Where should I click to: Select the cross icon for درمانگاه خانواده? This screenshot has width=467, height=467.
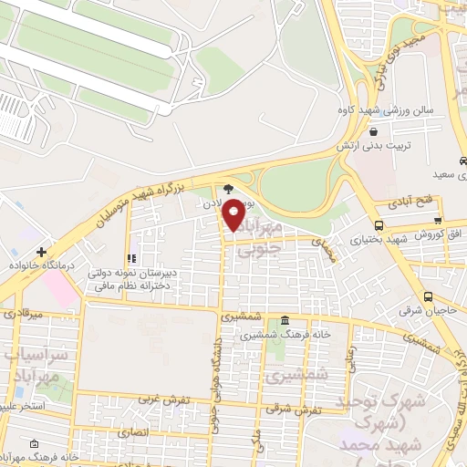pyautogui.click(x=40, y=251)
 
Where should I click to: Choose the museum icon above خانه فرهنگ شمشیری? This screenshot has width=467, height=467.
pyautogui.click(x=285, y=321)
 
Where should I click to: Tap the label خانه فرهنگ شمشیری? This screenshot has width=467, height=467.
pyautogui.click(x=285, y=335)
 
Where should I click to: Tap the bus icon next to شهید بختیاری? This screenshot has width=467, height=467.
pyautogui.click(x=379, y=225)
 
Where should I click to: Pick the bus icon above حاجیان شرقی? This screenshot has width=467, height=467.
pyautogui.click(x=429, y=296)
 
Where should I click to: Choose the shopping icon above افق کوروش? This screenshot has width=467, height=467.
pyautogui.click(x=438, y=220)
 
